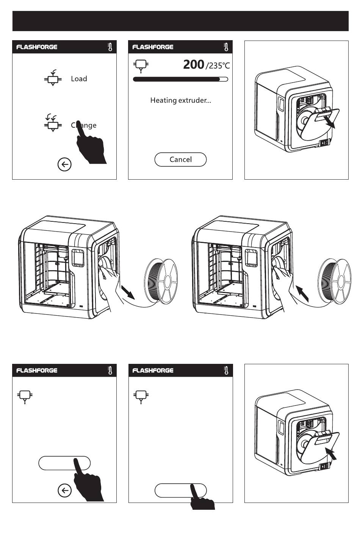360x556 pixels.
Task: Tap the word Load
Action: (79, 79)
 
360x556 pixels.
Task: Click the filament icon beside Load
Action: (52, 78)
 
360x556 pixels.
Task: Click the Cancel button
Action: (180, 160)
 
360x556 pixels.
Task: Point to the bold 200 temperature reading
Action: (194, 65)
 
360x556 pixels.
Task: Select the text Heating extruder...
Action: (180, 100)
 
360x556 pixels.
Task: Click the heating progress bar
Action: (180, 79)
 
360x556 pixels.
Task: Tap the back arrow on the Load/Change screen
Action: (64, 164)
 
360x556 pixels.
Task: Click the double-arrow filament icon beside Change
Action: (52, 123)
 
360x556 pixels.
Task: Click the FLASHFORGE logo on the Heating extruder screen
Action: (153, 47)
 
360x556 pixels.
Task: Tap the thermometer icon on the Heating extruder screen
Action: (226, 47)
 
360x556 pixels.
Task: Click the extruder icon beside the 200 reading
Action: (141, 66)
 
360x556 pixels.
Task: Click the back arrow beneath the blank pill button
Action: (64, 490)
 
